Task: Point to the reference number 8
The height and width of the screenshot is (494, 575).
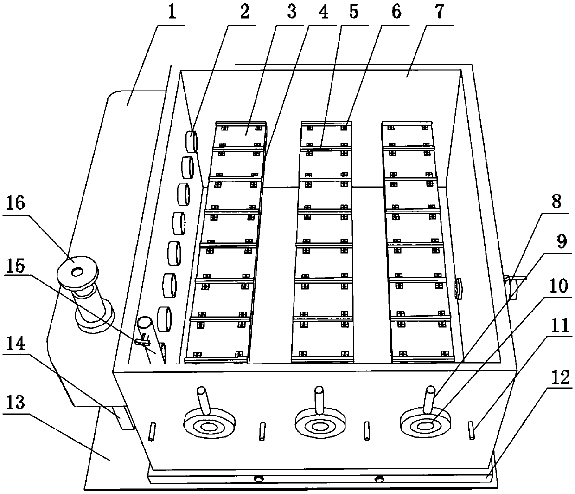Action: (x=556, y=202)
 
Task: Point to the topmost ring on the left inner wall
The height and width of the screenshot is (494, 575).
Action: (x=192, y=141)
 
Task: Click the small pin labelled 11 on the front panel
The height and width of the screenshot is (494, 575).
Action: (x=472, y=429)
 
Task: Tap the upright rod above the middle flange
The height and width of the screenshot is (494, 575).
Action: (x=319, y=398)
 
